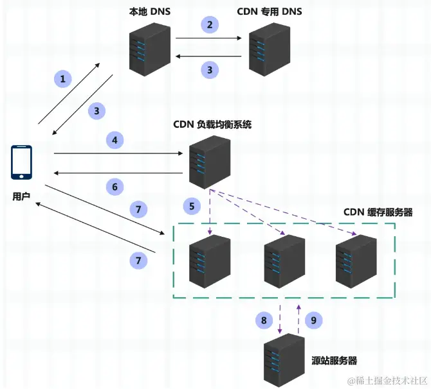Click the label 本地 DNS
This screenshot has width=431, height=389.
coord(147,11)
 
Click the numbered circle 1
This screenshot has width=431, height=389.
coord(63,80)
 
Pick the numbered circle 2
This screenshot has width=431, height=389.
coord(209,25)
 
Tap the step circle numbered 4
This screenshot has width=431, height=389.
coord(115,139)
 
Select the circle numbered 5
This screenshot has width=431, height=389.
coord(191,206)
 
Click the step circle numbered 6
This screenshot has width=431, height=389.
coord(115,187)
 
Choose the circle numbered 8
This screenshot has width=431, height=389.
coord(263,320)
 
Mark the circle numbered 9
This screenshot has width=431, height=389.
coord(314,320)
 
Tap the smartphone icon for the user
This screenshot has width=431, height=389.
coord(21,163)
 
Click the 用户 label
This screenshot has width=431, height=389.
coord(21,196)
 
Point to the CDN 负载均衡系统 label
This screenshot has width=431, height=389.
coord(212,124)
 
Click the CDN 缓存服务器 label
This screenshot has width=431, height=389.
coord(378,212)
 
